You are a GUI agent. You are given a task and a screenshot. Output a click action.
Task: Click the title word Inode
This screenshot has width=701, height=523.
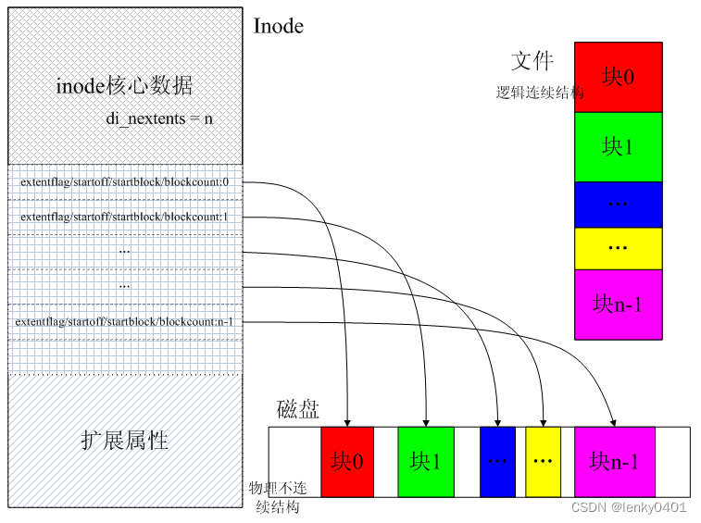pos(278,26)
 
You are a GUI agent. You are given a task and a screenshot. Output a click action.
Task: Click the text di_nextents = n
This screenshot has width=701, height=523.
pos(160,119)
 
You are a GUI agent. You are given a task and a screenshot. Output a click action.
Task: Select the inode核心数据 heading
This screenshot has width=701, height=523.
pos(124,86)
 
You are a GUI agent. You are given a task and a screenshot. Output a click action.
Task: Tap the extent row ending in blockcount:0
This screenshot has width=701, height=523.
pos(125,182)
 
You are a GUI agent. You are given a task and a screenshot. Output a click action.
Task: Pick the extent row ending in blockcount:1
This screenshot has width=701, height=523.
pos(125,217)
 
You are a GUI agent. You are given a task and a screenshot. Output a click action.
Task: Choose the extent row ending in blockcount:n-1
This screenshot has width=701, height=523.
pos(125,322)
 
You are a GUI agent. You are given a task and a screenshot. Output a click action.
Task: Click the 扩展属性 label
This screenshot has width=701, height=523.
pos(125,440)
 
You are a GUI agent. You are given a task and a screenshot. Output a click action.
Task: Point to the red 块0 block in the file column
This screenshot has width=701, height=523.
pos(619,77)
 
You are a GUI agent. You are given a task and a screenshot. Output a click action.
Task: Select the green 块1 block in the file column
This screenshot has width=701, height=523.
pos(619,146)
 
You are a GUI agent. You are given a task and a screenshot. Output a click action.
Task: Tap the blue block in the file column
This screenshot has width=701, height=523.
pos(619,204)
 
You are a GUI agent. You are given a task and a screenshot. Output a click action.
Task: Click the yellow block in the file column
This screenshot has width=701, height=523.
pos(619,248)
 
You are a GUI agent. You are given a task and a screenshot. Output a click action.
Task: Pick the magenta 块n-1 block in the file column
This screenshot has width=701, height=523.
pos(619,304)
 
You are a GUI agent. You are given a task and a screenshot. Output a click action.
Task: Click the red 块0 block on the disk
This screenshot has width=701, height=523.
pos(347,461)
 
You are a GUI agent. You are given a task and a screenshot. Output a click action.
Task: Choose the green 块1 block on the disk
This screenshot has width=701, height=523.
pos(426,461)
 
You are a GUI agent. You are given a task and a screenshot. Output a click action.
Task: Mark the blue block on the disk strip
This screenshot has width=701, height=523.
pos(497,461)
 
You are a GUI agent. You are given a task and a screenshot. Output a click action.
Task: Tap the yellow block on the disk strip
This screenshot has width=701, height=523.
pos(543,461)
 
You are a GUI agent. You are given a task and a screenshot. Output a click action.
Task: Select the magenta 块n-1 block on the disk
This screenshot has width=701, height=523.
pos(614,461)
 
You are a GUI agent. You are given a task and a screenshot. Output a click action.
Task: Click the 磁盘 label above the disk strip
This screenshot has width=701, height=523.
pos(298,410)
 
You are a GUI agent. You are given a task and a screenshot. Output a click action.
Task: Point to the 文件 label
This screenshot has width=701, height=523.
pos(532,61)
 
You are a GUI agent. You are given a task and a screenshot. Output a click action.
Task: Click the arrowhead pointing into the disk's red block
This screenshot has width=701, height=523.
pos(347,421)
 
